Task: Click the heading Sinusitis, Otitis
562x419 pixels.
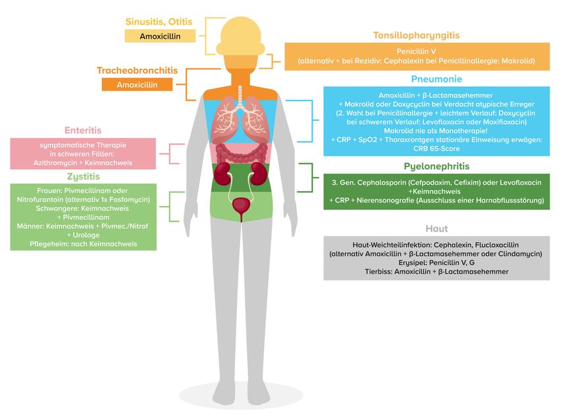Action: [161, 22]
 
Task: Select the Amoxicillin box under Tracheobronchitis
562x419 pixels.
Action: [137, 84]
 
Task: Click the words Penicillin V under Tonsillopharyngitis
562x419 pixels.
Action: [416, 51]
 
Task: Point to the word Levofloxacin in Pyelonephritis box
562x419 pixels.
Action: [515, 180]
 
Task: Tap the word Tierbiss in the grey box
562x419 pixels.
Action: [380, 271]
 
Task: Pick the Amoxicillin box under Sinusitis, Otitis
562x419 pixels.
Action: [161, 36]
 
